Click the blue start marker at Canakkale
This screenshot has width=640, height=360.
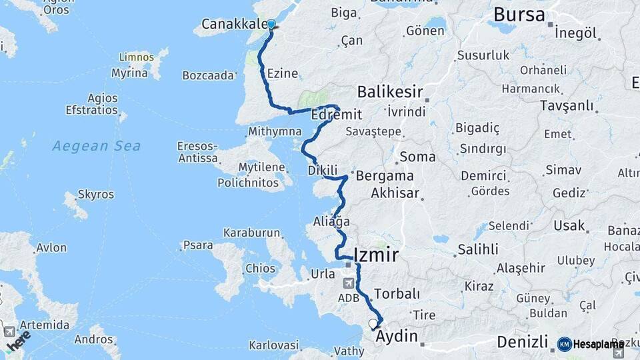click(271, 25)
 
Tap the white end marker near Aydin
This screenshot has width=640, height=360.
click(373, 325)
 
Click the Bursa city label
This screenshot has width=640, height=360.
click(519, 15)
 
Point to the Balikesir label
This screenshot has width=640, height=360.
click(391, 91)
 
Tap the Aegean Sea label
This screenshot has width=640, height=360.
click(97, 145)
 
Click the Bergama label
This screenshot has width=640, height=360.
click(385, 177)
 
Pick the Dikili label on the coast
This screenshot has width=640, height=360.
click(323, 171)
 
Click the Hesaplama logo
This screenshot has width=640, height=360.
click(591, 344)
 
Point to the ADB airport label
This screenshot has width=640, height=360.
click(349, 297)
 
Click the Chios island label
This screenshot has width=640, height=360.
click(260, 269)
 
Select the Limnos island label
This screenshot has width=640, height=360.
click(136, 58)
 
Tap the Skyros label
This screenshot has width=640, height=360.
click(96, 195)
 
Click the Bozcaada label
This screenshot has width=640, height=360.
click(209, 75)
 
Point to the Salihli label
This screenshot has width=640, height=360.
click(477, 250)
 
